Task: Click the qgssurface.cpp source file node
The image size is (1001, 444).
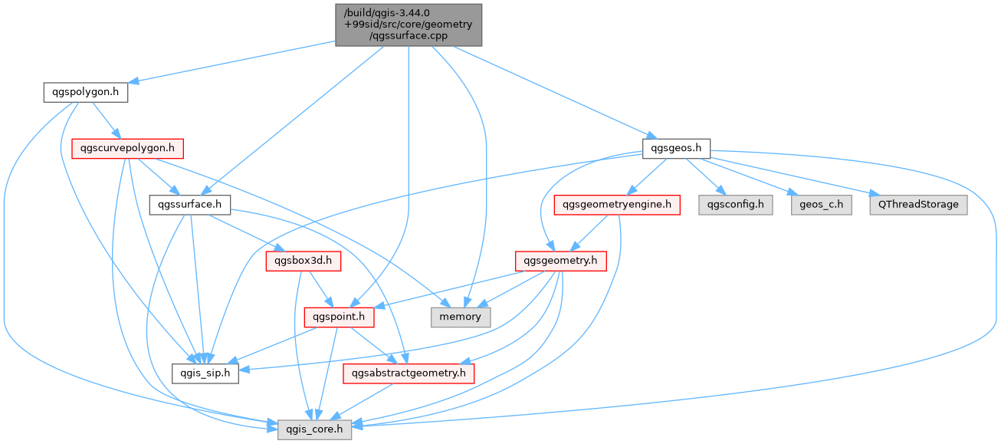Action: click(x=409, y=25)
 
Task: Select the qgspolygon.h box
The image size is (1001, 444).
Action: click(x=85, y=92)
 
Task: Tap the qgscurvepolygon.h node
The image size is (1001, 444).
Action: click(x=127, y=149)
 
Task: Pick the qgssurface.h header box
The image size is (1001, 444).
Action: click(x=190, y=205)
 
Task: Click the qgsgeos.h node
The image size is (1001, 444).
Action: click(x=676, y=149)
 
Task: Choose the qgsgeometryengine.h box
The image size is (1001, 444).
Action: click(x=617, y=205)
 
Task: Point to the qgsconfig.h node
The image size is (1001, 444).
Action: click(x=736, y=205)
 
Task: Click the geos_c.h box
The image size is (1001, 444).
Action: click(x=822, y=205)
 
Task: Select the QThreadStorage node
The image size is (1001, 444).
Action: click(x=918, y=205)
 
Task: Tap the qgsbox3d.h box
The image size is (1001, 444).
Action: click(x=304, y=261)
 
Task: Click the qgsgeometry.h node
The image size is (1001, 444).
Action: click(x=560, y=261)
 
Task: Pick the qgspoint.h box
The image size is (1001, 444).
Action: click(x=339, y=317)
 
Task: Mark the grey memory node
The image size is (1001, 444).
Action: click(x=461, y=317)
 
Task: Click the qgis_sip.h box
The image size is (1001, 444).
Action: click(x=205, y=373)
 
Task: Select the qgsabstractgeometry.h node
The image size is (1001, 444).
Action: click(x=409, y=373)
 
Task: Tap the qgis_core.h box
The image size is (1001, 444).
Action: click(x=314, y=429)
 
